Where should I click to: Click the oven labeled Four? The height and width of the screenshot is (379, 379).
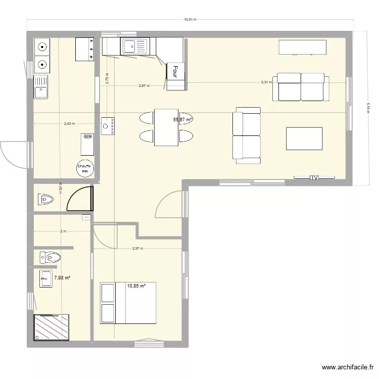click(x=175, y=72)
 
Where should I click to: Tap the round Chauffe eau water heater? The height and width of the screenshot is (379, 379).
click(x=84, y=169)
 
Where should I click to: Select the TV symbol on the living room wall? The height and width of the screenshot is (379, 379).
click(x=314, y=177)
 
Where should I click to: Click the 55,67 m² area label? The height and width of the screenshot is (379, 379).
click(x=183, y=120)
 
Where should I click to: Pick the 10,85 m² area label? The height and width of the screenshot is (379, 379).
click(x=136, y=286)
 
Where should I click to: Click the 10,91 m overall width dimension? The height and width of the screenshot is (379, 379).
click(x=189, y=20)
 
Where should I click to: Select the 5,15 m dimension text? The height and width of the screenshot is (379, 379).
click(x=368, y=109)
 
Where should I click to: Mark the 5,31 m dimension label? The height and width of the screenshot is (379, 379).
click(x=266, y=82)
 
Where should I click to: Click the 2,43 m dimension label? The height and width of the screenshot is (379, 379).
click(x=69, y=123)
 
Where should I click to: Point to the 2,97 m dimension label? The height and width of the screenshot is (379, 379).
click(x=137, y=248)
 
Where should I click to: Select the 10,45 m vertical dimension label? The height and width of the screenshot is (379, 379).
click(x=60, y=187)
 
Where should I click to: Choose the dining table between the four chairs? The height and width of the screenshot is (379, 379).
click(x=166, y=127)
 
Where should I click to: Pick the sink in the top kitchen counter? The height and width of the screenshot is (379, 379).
click(x=133, y=47)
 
